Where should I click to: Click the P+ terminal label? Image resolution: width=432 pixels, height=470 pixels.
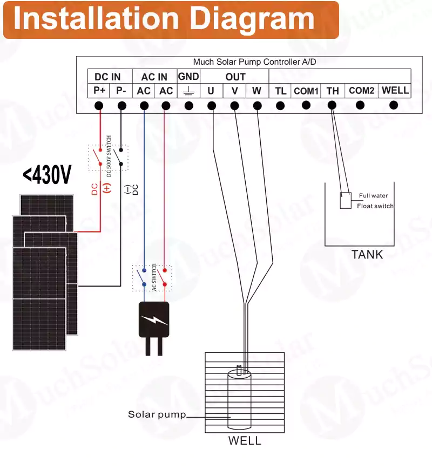pos(99,90)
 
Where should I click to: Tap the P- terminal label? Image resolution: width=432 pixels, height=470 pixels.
pos(121,90)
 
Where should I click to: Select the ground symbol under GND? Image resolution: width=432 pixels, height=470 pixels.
pos(188,91)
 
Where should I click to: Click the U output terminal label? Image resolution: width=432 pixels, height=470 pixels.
pos(211,91)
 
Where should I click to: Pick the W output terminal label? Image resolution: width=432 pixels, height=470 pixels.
pos(256,91)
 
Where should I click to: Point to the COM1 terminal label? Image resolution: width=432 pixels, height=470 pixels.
pos(306,91)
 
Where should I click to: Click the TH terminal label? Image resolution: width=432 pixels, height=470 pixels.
pos(333,91)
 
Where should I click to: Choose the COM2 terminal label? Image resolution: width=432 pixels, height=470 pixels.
pos(361,91)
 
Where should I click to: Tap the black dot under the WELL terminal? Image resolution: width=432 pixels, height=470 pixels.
pos(394,105)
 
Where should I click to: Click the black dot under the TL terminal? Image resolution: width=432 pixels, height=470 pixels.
pos(280,106)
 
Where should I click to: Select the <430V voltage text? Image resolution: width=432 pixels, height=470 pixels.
pos(47,175)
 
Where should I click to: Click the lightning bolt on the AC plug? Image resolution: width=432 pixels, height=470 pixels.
pos(154,319)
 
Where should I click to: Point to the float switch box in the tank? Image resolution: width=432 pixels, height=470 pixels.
pos(346,201)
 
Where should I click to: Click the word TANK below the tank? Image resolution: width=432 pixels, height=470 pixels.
pos(367,255)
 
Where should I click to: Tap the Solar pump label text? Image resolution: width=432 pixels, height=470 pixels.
pos(157,414)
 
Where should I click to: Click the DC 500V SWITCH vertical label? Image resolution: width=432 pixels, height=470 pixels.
pos(109,156)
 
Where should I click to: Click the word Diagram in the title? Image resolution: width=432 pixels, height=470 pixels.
pos(252,19)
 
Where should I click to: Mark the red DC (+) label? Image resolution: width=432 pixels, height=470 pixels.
pos(101,188)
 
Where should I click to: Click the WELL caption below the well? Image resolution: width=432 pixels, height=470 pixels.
pos(245,441)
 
